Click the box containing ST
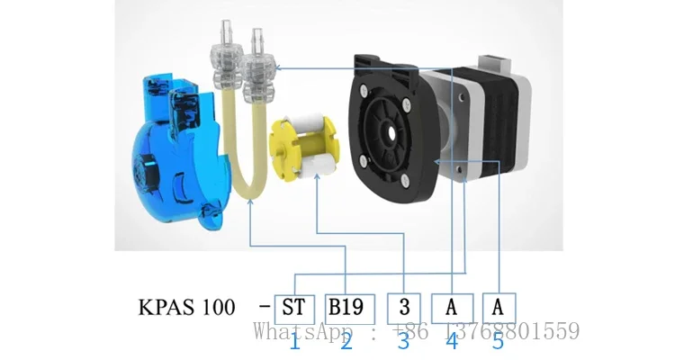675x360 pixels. click(x=292, y=308)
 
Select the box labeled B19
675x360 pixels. click(x=346, y=308)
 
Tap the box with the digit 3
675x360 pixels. click(x=403, y=308)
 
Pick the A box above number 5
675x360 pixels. click(x=499, y=308)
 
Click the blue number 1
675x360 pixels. click(x=293, y=341)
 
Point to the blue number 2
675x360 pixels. click(x=346, y=341)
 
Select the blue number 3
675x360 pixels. click(x=403, y=341)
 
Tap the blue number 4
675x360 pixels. click(x=451, y=341)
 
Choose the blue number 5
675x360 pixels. click(x=498, y=341)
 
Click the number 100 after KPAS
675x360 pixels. click(x=216, y=308)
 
